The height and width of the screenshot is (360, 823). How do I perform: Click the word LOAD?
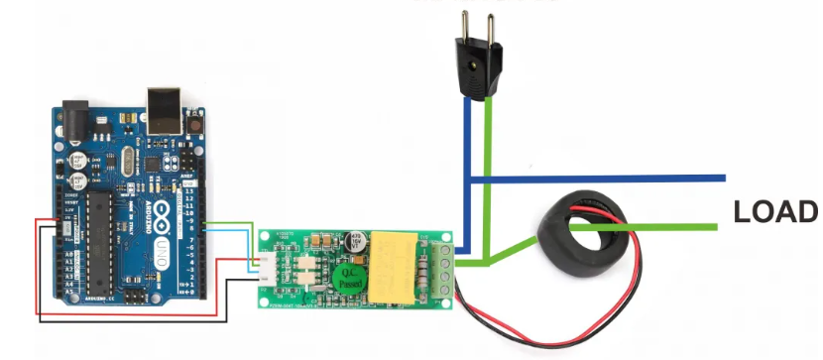[774, 212]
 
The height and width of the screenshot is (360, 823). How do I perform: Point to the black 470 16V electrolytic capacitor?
[353, 241]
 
